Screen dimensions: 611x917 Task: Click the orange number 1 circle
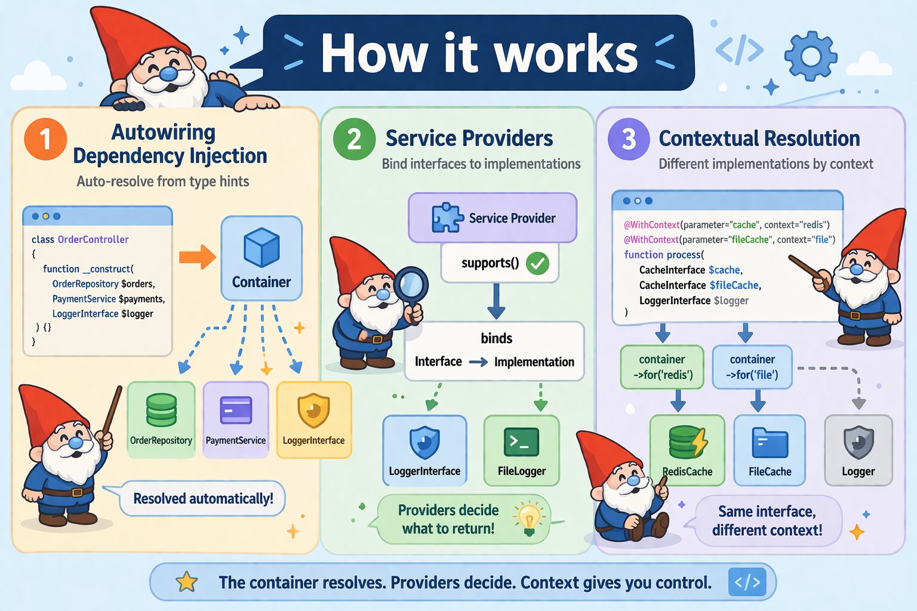click(x=45, y=139)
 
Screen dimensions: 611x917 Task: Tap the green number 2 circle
click(x=354, y=139)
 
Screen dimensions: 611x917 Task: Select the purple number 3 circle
click(x=628, y=139)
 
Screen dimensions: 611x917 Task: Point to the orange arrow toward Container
click(x=198, y=257)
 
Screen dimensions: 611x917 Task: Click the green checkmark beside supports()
click(x=537, y=263)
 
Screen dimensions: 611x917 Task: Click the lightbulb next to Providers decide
click(x=528, y=517)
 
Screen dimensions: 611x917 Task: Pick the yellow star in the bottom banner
click(x=187, y=582)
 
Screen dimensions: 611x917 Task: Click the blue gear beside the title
click(x=810, y=56)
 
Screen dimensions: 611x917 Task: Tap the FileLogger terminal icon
click(x=521, y=442)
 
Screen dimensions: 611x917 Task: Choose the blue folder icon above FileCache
click(x=770, y=443)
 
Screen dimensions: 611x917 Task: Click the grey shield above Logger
click(x=858, y=442)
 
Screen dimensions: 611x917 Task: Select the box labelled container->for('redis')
click(x=662, y=367)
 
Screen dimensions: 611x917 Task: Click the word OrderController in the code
click(x=93, y=239)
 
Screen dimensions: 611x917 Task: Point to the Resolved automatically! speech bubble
click(x=202, y=498)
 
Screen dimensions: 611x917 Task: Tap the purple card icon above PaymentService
click(x=236, y=411)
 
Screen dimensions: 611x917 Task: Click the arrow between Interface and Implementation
click(x=478, y=362)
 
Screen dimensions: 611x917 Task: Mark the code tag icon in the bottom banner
click(x=747, y=582)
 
